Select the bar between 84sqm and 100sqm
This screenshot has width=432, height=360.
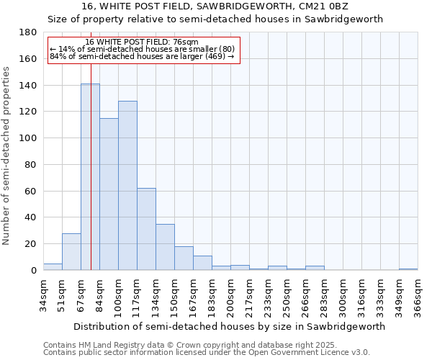point(109,194)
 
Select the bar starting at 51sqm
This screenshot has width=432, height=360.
point(71,252)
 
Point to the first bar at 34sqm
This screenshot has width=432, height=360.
point(53,267)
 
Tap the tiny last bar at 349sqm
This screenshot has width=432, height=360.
point(408,269)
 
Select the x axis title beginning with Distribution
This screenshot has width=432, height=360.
point(229,326)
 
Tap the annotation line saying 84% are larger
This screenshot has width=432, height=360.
point(142,56)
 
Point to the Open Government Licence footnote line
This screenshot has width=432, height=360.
point(207,352)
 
